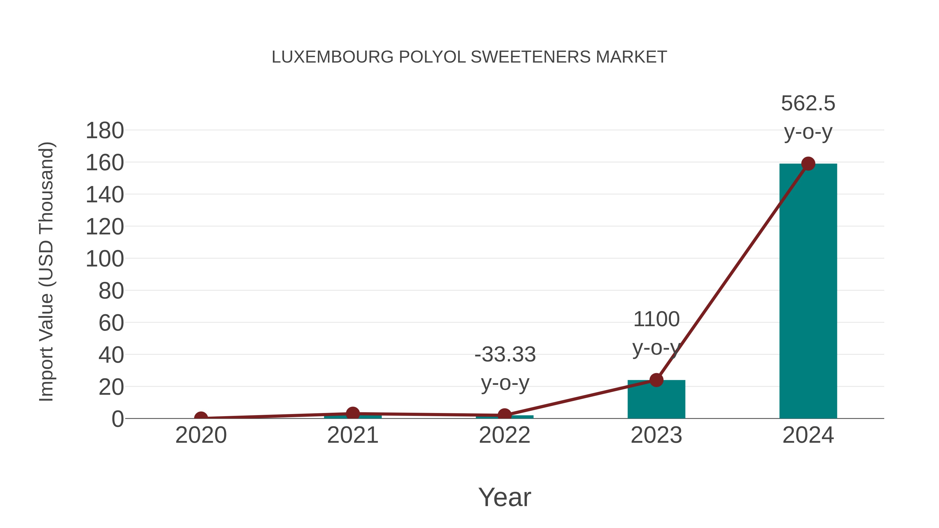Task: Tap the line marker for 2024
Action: pos(808,163)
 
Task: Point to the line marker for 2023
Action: pos(656,380)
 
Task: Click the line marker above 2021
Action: pos(352,414)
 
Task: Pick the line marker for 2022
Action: pos(504,415)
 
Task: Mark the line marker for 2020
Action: pos(201,418)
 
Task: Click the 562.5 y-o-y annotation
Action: pos(808,117)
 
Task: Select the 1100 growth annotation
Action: pos(656,333)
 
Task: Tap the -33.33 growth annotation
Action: pos(505,368)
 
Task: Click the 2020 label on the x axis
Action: pos(201,435)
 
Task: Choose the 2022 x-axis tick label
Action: pos(504,435)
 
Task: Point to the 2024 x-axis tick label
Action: pos(808,435)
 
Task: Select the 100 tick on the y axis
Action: pos(105,259)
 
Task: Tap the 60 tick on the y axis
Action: pos(111,323)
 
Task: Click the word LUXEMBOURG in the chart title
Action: pos(333,57)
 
